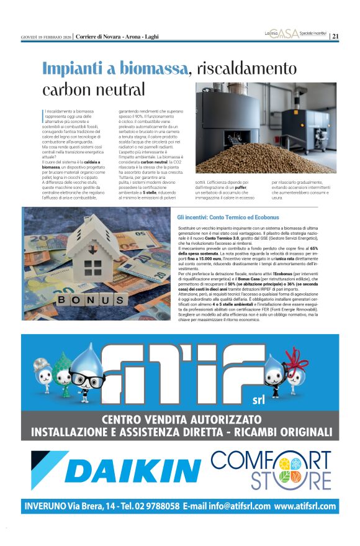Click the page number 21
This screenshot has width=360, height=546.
point(336,36)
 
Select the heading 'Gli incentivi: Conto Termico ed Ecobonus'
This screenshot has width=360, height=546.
point(228,218)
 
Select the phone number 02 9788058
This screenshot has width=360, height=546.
point(151,506)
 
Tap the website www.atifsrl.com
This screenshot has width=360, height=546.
point(305,506)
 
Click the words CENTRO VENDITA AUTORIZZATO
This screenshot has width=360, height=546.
point(181,419)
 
